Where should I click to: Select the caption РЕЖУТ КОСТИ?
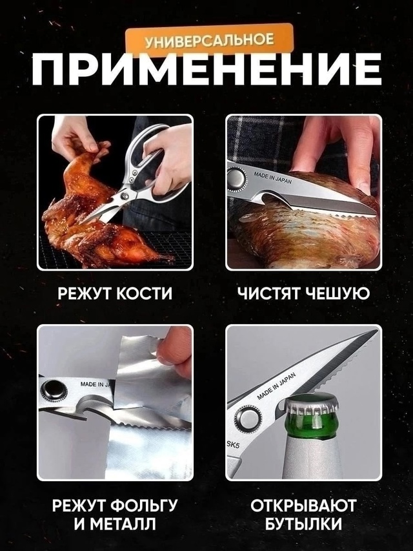pyautogui.click(x=115, y=293)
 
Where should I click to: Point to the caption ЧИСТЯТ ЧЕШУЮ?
pyautogui.click(x=303, y=293)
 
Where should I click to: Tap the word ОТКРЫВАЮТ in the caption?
pyautogui.click(x=303, y=504)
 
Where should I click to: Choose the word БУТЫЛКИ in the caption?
pyautogui.click(x=303, y=524)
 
